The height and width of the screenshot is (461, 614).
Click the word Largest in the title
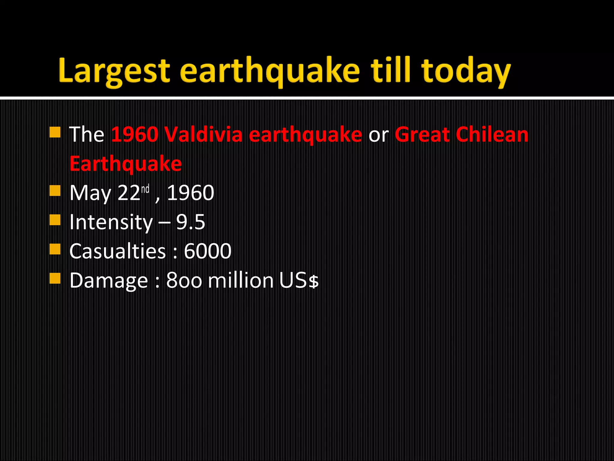click(114, 71)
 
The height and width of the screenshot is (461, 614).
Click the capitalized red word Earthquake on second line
click(126, 164)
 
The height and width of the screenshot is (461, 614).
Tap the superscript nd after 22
click(145, 189)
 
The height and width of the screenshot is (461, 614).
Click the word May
click(90, 193)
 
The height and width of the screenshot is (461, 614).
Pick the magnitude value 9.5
click(190, 222)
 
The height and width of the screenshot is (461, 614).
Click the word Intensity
click(111, 222)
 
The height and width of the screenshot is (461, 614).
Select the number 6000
click(207, 251)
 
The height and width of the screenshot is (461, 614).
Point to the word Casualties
click(118, 251)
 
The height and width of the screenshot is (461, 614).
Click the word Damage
click(109, 280)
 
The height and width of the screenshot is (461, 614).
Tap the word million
click(240, 280)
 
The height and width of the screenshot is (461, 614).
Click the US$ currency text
click(299, 280)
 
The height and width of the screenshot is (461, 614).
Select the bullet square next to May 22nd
click(55, 190)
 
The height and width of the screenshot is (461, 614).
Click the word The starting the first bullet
click(87, 134)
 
